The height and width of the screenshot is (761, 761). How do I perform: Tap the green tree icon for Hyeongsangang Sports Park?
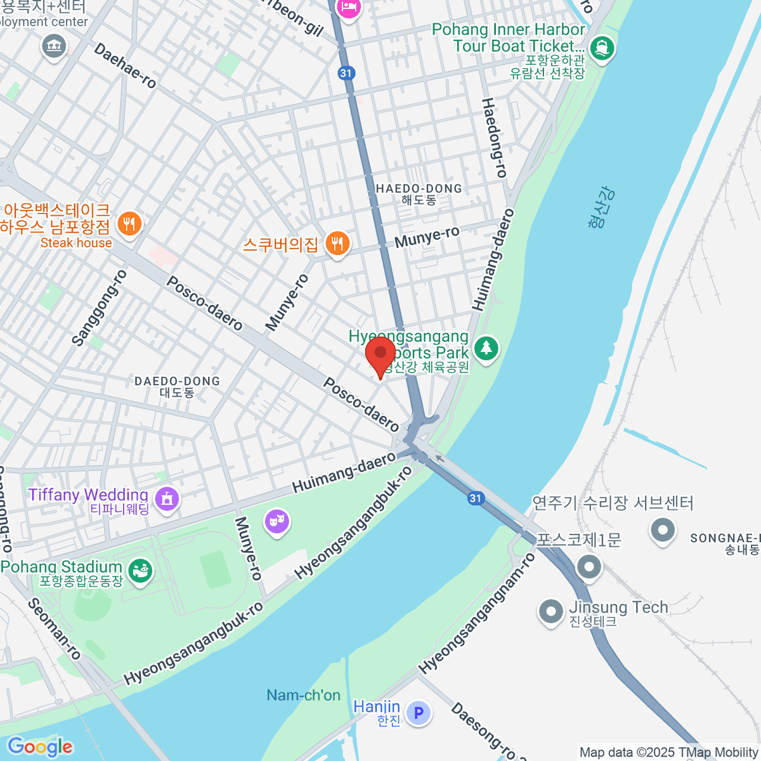click(x=486, y=348)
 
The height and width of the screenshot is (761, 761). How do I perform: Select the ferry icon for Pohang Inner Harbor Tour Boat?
click(x=601, y=48)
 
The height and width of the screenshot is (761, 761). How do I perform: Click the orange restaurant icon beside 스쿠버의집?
click(x=337, y=244)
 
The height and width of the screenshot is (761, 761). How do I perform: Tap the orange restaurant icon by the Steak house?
click(x=129, y=224)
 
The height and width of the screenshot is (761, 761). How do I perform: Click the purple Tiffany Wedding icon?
click(x=167, y=498)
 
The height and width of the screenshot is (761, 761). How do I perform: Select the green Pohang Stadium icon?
click(x=140, y=570)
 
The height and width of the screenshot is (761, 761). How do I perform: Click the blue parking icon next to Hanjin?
click(x=419, y=713)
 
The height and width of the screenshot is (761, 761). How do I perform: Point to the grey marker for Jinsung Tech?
click(x=550, y=612)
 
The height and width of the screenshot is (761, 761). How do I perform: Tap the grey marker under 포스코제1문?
click(x=589, y=566)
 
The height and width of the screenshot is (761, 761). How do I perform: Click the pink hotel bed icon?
click(x=349, y=8)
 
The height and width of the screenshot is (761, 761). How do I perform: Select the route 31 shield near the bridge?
click(x=476, y=498)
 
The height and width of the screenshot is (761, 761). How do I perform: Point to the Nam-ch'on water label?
click(x=303, y=695)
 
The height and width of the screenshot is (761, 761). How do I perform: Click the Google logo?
click(x=40, y=747)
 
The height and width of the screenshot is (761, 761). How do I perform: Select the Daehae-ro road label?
click(x=125, y=65)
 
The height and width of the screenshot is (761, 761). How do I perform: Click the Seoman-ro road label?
click(x=55, y=628)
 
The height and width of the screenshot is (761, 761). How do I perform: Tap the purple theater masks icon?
click(x=276, y=523)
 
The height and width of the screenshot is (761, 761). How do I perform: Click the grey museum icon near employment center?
click(x=54, y=46)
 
